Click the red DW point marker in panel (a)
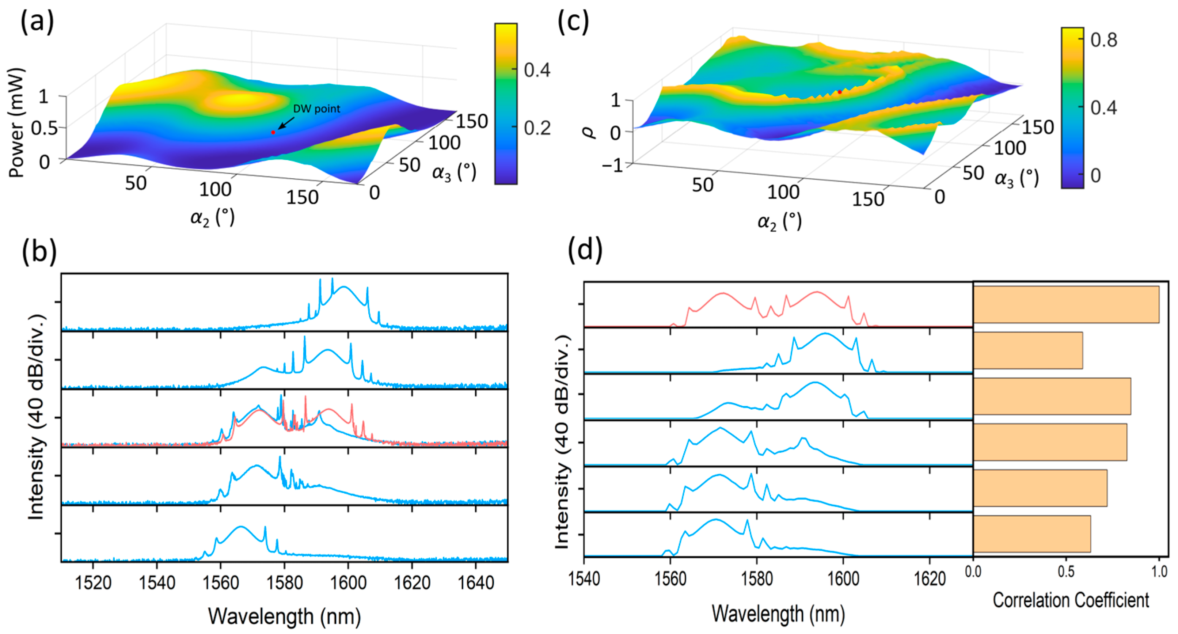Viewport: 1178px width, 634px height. tap(273, 132)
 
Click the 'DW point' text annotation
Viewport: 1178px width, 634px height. tap(316, 109)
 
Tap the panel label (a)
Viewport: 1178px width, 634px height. tap(37, 22)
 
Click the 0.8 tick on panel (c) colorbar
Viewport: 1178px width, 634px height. tap(1103, 40)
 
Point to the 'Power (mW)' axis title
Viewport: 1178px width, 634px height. tap(16, 122)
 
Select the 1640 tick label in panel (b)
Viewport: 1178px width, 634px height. tap(476, 583)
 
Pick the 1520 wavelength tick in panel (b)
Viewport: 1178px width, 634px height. tap(93, 583)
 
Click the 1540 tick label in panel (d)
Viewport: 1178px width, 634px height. tap(584, 579)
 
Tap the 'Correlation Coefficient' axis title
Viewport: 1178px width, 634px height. tap(1071, 600)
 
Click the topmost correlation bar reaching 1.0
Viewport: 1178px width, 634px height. tap(1065, 304)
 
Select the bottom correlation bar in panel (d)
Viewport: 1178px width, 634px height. tap(1032, 534)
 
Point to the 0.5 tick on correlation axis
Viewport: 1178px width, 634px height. tap(1066, 572)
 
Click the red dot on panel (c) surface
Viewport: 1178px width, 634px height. tap(840, 92)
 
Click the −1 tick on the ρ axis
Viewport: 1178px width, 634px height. tap(612, 165)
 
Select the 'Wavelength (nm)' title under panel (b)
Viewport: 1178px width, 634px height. tap(284, 616)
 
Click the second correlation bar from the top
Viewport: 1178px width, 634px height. tap(1027, 350)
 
